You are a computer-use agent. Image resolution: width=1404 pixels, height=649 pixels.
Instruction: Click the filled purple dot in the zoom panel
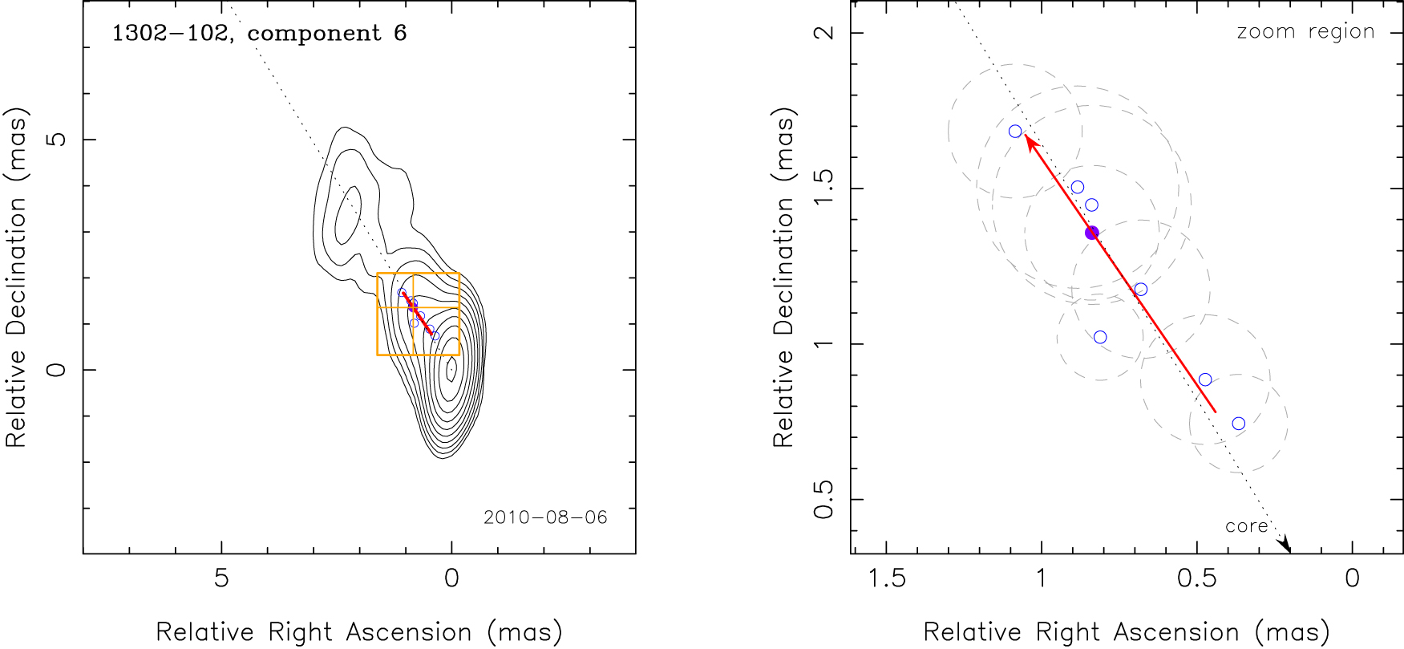(x=1091, y=233)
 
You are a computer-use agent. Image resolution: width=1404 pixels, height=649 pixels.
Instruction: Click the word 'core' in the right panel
(x=1246, y=527)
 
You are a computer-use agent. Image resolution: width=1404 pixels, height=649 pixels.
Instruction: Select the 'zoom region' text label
(x=1305, y=32)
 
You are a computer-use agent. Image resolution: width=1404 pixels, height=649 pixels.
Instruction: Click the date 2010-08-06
(x=545, y=517)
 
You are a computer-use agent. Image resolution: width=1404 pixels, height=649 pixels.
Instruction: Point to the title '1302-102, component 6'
(x=259, y=34)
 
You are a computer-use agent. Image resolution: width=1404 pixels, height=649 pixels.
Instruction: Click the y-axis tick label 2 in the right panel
(x=824, y=33)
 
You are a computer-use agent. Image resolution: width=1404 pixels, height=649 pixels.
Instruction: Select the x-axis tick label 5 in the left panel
(x=221, y=578)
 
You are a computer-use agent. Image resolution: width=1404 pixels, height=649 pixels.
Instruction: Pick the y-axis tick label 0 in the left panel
(x=56, y=370)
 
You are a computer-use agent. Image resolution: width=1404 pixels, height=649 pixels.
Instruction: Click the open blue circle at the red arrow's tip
(x=1015, y=132)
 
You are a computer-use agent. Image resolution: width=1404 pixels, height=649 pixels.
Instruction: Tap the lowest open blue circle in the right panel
(x=1238, y=424)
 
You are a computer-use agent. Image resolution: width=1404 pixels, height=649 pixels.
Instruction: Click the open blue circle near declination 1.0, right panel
(x=1100, y=337)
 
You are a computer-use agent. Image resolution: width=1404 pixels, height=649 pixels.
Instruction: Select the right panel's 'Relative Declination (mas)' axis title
(x=783, y=281)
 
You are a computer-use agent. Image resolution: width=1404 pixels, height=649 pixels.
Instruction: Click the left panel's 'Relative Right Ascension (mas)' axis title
(x=358, y=632)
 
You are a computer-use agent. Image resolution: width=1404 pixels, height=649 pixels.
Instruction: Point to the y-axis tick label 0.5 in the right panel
(x=824, y=500)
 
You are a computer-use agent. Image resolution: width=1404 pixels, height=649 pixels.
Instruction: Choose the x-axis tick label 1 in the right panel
(x=1042, y=578)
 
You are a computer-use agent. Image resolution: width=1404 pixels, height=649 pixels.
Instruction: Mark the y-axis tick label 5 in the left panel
(x=56, y=140)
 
